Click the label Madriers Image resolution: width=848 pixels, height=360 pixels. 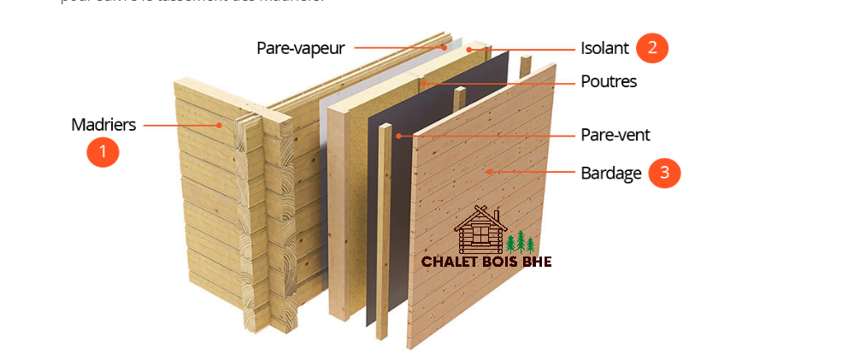click(x=103, y=125)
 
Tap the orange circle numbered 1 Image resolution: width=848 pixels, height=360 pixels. click(x=103, y=152)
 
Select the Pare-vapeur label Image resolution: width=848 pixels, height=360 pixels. click(x=300, y=48)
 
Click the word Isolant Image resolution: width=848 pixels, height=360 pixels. click(x=604, y=48)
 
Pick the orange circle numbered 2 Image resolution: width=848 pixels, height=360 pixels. click(x=652, y=48)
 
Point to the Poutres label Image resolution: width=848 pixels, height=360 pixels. click(x=609, y=82)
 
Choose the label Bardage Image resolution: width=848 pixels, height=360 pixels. click(x=610, y=173)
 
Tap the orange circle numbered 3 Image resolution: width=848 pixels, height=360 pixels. click(x=664, y=173)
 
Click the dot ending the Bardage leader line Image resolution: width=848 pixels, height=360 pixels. click(x=488, y=172)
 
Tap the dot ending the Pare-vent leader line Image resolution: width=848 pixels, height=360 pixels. click(x=398, y=135)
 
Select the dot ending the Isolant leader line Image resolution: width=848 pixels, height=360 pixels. click(x=469, y=50)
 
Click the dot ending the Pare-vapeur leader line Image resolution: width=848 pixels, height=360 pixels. click(x=445, y=48)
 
